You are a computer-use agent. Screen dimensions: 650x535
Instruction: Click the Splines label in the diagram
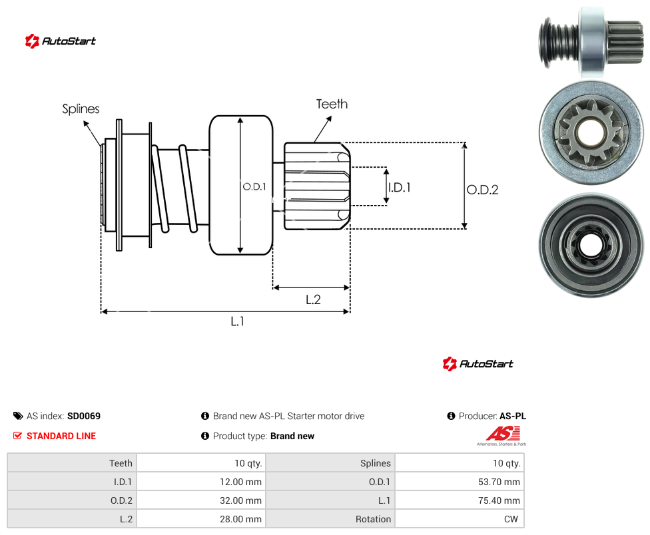pyautogui.click(x=81, y=109)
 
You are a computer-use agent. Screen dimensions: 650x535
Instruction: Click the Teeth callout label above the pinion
pyautogui.click(x=332, y=104)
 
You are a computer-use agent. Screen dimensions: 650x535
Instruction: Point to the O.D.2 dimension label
pyautogui.click(x=483, y=190)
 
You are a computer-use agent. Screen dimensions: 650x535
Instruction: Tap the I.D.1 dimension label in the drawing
pyautogui.click(x=400, y=188)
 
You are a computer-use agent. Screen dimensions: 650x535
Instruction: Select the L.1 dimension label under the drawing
pyautogui.click(x=238, y=321)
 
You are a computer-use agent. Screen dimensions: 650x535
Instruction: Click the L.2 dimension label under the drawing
pyautogui.click(x=314, y=299)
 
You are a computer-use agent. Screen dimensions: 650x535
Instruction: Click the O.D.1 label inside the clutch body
pyautogui.click(x=254, y=187)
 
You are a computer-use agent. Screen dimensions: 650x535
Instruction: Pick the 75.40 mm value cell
pyautogui.click(x=460, y=500)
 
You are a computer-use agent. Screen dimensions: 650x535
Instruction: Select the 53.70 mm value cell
pyautogui.click(x=460, y=482)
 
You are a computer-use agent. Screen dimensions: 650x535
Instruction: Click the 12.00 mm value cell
pyautogui.click(x=201, y=482)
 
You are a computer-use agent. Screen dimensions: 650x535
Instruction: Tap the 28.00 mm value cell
pyautogui.click(x=201, y=519)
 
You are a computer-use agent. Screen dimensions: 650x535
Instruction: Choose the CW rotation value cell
pyautogui.click(x=460, y=519)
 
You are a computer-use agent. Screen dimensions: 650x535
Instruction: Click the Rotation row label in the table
pyautogui.click(x=373, y=519)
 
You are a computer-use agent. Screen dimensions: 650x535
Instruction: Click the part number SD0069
pyautogui.click(x=84, y=416)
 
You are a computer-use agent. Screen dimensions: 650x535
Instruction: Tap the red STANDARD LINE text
pyautogui.click(x=61, y=436)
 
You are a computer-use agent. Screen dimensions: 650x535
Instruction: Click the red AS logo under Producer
pyautogui.click(x=502, y=436)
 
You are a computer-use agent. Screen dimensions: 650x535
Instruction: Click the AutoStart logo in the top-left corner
pyautogui.click(x=60, y=41)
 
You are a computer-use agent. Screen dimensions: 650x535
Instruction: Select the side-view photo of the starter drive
pyautogui.click(x=591, y=42)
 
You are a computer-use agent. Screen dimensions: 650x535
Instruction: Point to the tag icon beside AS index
pyautogui.click(x=18, y=416)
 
